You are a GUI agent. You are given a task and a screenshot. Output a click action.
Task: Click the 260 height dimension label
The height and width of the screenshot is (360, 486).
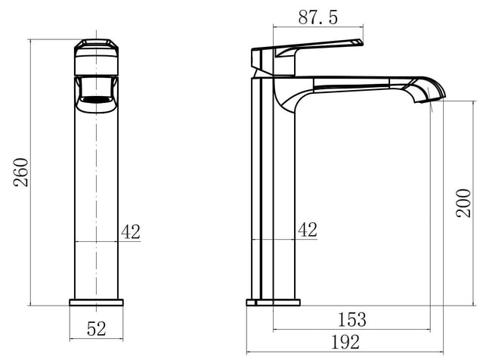pos(20,172)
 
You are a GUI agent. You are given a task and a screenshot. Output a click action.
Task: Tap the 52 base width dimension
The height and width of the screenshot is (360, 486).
pos(97,329)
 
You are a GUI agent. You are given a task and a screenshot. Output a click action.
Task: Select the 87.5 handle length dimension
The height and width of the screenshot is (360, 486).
pos(317,17)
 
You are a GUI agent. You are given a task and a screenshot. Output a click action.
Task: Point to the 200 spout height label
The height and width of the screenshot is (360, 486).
pos(463,203)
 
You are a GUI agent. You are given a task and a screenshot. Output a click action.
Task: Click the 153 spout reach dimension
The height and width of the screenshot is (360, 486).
pos(351,319)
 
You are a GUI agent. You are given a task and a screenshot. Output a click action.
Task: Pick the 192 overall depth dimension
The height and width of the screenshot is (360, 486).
pos(345,342)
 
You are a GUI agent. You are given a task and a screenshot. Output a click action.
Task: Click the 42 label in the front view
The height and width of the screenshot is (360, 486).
pos(131,231)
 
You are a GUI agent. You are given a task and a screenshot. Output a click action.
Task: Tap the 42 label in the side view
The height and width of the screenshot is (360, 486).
pos(308,230)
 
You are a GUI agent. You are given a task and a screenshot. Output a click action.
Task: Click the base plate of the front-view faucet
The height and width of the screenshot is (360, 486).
pos(97,303)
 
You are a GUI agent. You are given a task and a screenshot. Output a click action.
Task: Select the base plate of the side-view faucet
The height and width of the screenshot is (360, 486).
pos(273,303)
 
